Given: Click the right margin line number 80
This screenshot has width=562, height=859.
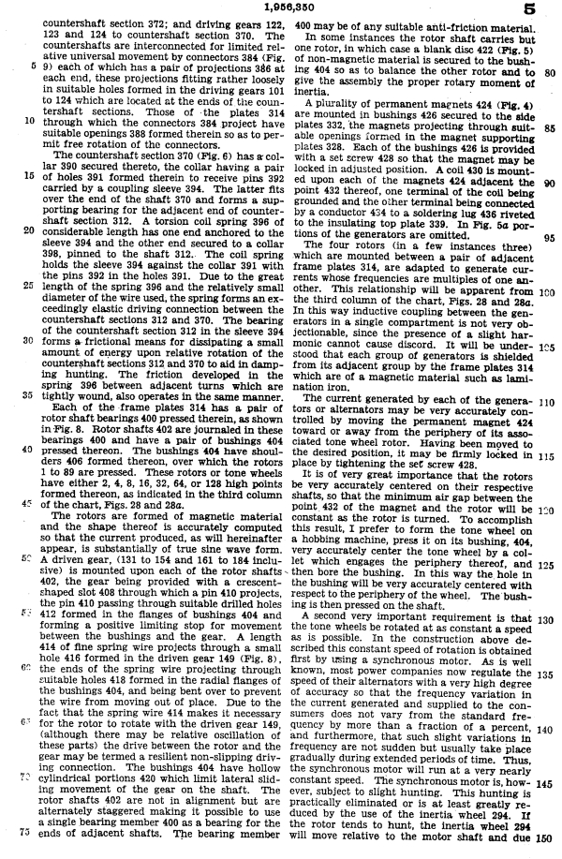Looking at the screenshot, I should [x=550, y=71].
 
